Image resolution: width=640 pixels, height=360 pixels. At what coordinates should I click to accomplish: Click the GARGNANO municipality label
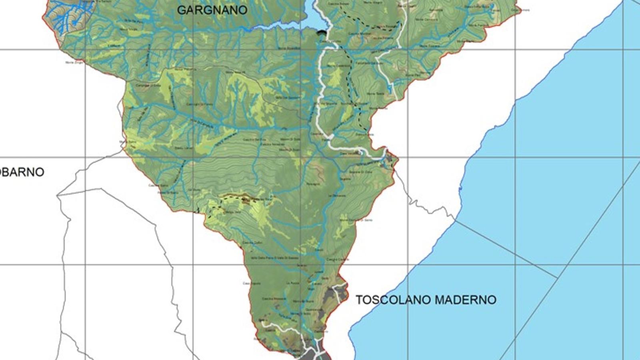pos(212,10)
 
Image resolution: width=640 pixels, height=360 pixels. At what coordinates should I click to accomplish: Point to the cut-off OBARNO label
pos(22,172)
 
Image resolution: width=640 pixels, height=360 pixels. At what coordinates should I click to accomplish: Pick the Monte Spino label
pos(128,142)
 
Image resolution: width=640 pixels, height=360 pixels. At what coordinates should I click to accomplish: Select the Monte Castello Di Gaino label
pos(356,220)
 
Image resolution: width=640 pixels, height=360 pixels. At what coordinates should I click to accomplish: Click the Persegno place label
pos(313,184)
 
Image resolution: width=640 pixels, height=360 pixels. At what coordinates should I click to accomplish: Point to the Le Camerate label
pos(337,196)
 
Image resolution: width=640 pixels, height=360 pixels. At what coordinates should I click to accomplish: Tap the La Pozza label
pos(292,283)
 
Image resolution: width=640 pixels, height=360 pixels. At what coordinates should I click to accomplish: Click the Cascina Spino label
pos(158,185)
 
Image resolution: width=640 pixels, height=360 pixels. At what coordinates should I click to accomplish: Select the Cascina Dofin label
pos(252,242)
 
